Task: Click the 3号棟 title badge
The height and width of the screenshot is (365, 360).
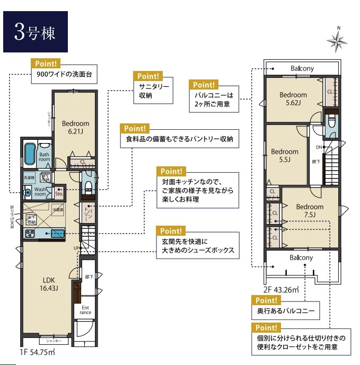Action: pos(35,32)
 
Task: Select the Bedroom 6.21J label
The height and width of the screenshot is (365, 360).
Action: pos(75,128)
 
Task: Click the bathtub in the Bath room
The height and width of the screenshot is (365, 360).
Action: pos(31,153)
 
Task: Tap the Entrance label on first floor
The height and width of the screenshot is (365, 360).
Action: pos(85,310)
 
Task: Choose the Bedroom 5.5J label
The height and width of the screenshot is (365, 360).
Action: pos(285,155)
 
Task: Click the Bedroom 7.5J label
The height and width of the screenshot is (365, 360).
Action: pos(310,210)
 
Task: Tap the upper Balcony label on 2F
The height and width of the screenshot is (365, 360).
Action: pos(302,69)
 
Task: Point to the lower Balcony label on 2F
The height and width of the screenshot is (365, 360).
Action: pos(301,257)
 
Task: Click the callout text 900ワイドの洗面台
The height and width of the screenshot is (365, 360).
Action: pos(64,75)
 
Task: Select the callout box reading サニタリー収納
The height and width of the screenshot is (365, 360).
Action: pos(154,91)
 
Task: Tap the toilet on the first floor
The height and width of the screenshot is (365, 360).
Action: pos(88,186)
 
